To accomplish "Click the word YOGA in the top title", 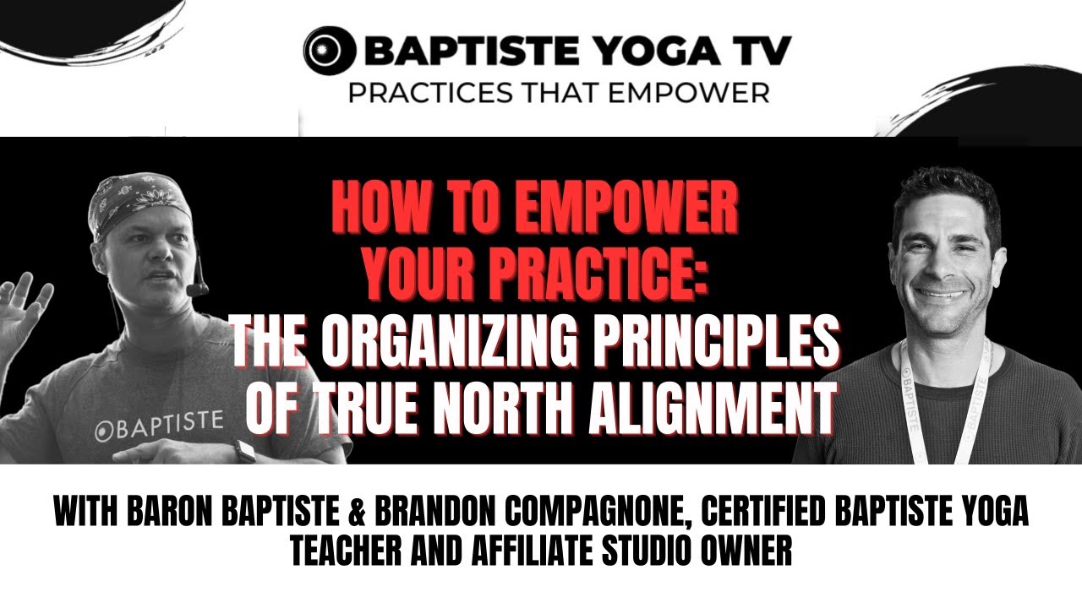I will pyautogui.click(x=637, y=52).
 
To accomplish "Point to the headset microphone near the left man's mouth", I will pyautogui.click(x=197, y=290).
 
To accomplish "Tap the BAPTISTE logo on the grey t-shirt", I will pyautogui.click(x=159, y=421).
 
